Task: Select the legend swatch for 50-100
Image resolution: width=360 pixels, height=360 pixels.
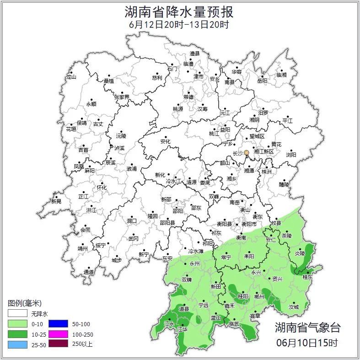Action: click(x=58, y=324)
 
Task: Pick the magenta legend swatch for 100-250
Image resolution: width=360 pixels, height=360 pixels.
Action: click(x=58, y=334)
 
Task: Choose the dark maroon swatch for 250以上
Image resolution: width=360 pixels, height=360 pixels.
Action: click(x=58, y=344)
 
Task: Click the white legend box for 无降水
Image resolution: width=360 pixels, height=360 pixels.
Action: click(x=17, y=314)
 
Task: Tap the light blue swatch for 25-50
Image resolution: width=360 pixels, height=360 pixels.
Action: click(x=17, y=344)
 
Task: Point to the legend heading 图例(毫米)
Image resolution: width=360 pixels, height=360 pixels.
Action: click(x=25, y=303)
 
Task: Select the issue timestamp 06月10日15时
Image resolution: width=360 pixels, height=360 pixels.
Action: click(x=307, y=342)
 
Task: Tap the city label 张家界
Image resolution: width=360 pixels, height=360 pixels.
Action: click(x=122, y=97)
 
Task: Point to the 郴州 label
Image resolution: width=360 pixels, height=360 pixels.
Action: click(x=259, y=296)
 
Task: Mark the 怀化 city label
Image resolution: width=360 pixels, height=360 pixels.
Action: click(x=102, y=188)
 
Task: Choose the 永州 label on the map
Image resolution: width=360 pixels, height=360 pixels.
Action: click(x=195, y=264)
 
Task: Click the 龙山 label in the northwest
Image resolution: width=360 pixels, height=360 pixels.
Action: click(x=71, y=77)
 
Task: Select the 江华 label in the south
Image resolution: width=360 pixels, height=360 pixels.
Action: click(x=183, y=329)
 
